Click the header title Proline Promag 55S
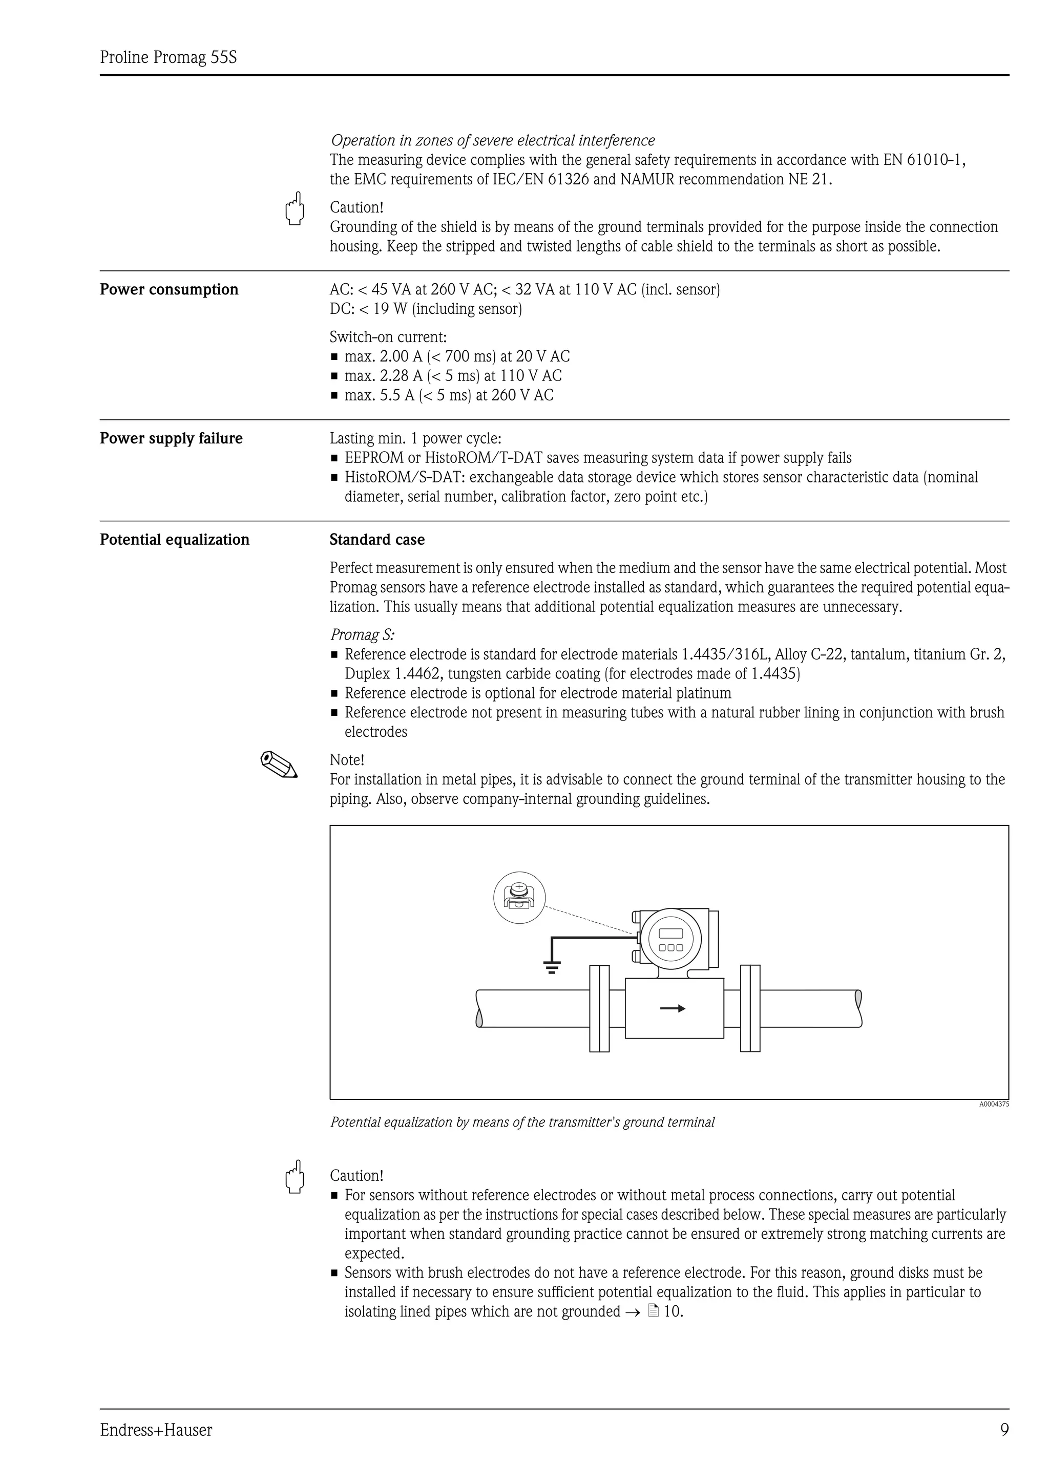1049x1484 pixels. coord(168,57)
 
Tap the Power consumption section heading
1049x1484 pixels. coord(169,289)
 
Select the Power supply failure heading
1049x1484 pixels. coord(171,438)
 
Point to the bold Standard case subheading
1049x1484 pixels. coord(377,540)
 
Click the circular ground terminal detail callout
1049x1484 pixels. coord(519,898)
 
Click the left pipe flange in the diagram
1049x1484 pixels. coord(599,1008)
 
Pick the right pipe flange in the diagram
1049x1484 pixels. coord(750,1008)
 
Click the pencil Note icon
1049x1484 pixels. coord(279,764)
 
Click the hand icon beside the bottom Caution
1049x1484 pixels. coord(295,1177)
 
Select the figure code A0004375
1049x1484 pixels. coord(993,1105)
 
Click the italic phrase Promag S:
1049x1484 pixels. coord(363,634)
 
